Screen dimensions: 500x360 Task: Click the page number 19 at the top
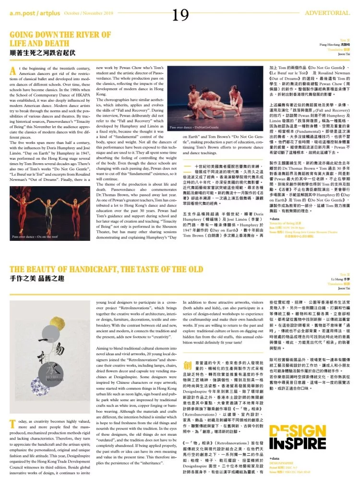[x=180, y=16]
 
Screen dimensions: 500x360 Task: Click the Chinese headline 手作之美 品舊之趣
[x=38, y=278]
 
